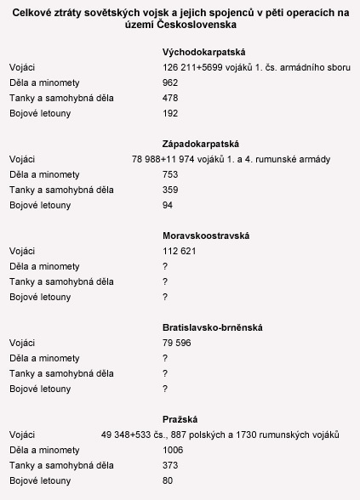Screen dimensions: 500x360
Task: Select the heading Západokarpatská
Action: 195,143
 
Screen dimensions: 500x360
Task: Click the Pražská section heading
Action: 180,418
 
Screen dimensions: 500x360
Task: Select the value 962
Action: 170,82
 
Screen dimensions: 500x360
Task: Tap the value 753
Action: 170,173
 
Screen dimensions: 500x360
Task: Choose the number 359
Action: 170,189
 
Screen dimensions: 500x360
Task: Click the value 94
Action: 168,204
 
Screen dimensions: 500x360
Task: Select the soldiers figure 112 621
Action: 179,250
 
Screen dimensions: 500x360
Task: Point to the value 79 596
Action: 176,342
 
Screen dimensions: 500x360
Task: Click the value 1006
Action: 173,449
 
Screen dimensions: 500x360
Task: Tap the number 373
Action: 170,464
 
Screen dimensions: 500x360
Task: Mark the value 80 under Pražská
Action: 168,480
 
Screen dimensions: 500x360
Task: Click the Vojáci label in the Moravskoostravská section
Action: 22,250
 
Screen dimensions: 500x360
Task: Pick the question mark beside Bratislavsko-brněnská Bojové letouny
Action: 164,388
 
